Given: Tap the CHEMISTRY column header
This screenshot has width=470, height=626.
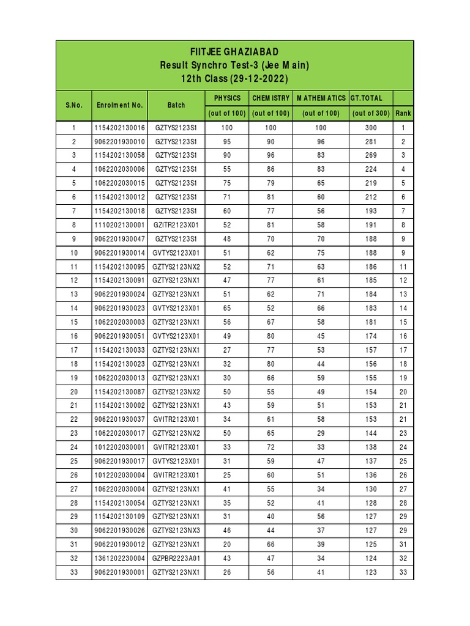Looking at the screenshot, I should pyautogui.click(x=270, y=98).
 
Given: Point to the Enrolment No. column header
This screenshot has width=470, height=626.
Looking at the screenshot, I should pyautogui.click(x=120, y=105).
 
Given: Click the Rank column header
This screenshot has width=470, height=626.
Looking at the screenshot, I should pyautogui.click(x=403, y=113).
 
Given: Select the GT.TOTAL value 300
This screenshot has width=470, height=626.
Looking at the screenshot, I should pyautogui.click(x=371, y=128).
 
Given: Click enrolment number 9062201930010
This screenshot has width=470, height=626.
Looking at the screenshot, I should pyautogui.click(x=120, y=142).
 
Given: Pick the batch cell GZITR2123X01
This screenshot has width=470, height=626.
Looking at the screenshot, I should pyautogui.click(x=176, y=225).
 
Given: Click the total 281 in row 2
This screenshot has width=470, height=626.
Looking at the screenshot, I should pyautogui.click(x=371, y=142).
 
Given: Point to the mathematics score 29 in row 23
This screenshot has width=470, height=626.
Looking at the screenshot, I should pyautogui.click(x=321, y=433).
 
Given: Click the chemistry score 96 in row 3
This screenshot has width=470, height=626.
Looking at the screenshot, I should pyautogui.click(x=270, y=156).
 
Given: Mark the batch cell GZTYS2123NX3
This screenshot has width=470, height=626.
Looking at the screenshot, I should pyautogui.click(x=176, y=530).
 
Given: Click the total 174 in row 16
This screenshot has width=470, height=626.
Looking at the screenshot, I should pyautogui.click(x=371, y=336).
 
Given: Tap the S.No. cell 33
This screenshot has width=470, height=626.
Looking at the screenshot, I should pyautogui.click(x=73, y=572).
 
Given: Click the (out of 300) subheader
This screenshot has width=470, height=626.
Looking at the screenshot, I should pyautogui.click(x=371, y=113).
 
